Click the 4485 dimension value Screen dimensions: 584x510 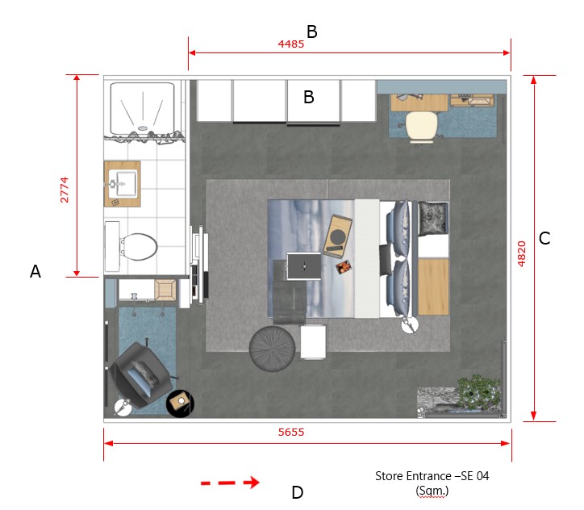coord(291,44)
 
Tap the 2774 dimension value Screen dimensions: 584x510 coord(65,190)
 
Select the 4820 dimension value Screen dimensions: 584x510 coord(521,253)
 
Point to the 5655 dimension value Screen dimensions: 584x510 coord(291,433)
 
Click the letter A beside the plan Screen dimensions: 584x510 coord(35,271)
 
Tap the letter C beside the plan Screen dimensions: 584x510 coord(544,238)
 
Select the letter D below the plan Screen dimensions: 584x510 coord(297,492)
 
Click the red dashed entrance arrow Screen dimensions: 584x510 coord(230,483)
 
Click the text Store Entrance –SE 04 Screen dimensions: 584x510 coord(432,476)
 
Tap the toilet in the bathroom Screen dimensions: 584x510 coord(131,246)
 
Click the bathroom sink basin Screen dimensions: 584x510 coord(127,183)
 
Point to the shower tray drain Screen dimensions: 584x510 coord(143,128)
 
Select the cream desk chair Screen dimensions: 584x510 coord(422,127)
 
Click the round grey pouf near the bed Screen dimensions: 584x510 coord(272,349)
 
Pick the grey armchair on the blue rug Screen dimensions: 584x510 coord(140,375)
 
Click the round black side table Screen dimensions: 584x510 coord(180,403)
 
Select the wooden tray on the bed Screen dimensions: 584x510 coord(337,236)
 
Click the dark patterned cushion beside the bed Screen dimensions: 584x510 coord(433,219)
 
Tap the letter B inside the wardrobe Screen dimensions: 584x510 coord(309,97)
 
